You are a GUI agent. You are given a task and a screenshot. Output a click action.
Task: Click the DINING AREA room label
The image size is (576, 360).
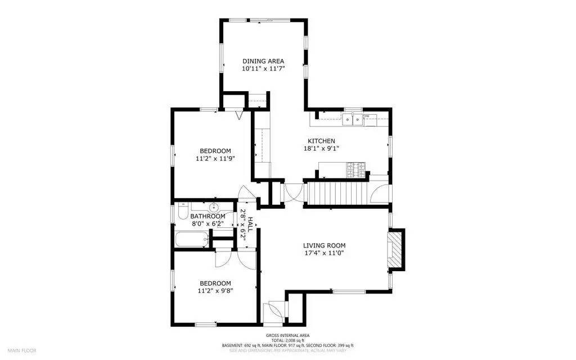point(263,61)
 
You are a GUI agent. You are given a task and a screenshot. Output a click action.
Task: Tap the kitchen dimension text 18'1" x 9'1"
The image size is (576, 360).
point(321,148)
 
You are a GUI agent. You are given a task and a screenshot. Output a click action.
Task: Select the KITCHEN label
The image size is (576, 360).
point(321,141)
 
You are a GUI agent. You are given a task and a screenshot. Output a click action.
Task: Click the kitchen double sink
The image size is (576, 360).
point(353,119)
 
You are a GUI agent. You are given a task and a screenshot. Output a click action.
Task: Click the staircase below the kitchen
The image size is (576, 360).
point(337,193)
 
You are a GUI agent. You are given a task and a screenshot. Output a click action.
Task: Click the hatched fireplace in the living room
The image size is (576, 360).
point(397,249)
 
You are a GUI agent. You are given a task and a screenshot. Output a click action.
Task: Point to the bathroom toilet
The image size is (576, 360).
point(182,211)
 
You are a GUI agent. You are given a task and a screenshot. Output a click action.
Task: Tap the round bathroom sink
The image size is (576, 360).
point(213,208)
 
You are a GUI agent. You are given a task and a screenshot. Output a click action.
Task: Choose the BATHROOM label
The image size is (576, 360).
point(208,217)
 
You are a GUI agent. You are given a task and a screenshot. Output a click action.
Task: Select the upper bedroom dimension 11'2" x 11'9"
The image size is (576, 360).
point(215,159)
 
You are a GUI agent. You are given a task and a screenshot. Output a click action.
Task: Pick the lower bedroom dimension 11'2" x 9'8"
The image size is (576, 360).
point(215,291)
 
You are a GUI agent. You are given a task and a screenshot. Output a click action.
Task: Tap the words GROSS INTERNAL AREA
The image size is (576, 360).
point(287,335)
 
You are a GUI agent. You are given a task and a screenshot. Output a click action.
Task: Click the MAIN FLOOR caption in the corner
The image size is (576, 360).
point(22,350)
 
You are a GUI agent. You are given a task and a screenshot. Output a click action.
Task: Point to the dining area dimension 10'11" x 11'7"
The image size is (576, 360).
point(263,69)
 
